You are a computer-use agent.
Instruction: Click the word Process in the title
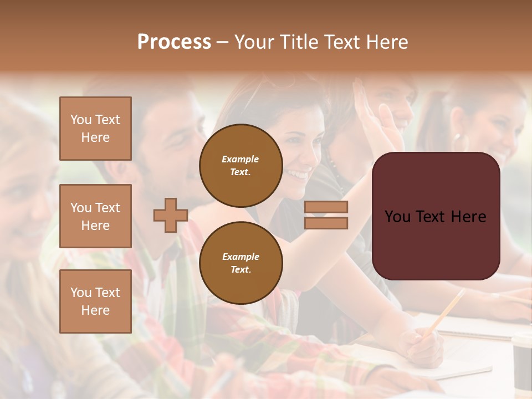click(174, 42)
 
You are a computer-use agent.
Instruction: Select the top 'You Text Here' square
click(95, 129)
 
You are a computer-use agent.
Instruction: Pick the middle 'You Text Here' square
click(95, 216)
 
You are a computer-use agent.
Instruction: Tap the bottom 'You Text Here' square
click(95, 301)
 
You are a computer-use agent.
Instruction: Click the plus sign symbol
click(171, 215)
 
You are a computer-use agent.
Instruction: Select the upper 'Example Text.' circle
click(241, 166)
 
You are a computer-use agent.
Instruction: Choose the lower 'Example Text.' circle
click(241, 263)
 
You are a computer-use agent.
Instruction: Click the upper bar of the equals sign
click(326, 207)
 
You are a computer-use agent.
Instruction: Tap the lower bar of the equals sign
click(326, 223)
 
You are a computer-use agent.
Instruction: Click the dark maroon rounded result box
click(436, 216)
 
